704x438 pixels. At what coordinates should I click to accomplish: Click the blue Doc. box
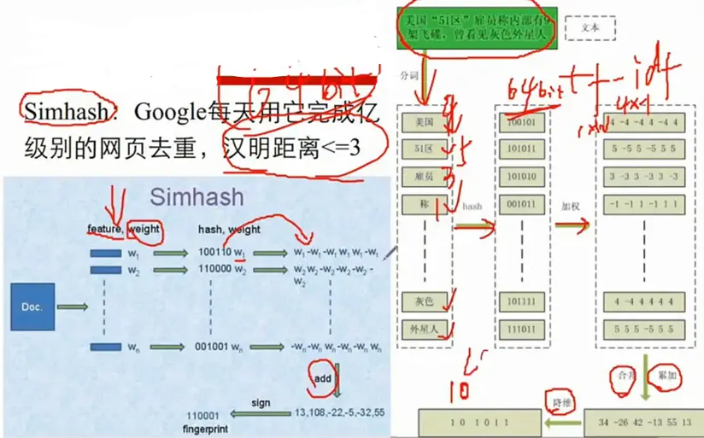(x=32, y=307)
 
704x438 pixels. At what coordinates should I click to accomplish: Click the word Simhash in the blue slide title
(x=197, y=197)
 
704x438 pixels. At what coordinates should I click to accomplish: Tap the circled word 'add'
(x=321, y=377)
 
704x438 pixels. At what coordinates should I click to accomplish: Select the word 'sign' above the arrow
(x=261, y=402)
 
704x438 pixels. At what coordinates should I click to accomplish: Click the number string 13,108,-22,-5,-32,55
(x=340, y=413)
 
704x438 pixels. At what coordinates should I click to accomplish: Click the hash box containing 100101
(x=521, y=123)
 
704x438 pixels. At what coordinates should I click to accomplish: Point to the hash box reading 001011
(x=521, y=206)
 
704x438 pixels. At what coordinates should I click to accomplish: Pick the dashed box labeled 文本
(x=590, y=27)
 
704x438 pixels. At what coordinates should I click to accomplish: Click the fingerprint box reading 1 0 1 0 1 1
(x=479, y=423)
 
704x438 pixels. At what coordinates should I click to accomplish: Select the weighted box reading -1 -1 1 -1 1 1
(x=644, y=206)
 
